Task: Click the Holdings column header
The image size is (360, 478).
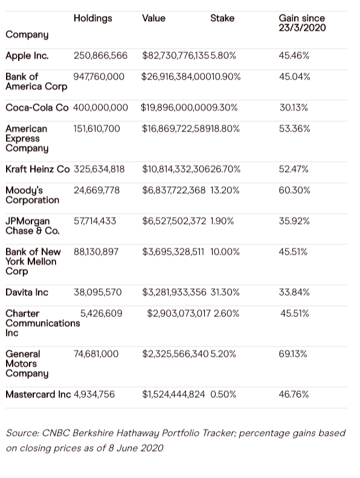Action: [93, 19]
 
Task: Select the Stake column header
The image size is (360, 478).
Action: [222, 18]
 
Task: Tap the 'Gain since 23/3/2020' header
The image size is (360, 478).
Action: [302, 23]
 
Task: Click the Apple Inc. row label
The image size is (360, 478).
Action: [27, 56]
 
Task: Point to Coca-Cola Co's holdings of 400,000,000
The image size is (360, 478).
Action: [100, 107]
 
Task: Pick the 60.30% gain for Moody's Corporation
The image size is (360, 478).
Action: [294, 191]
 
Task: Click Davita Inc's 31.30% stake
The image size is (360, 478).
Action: [225, 292]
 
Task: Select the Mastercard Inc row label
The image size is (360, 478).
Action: [38, 395]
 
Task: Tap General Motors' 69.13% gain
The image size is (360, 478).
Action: [292, 354]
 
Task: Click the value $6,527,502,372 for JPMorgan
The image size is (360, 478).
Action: [174, 221]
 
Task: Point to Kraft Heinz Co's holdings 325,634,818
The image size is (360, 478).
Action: [99, 169]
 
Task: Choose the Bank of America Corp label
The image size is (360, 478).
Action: [36, 81]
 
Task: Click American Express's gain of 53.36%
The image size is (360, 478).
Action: [294, 129]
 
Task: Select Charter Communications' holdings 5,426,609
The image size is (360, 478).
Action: [101, 313]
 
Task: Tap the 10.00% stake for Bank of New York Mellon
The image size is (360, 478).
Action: [225, 252]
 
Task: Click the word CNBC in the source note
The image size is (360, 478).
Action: [56, 433]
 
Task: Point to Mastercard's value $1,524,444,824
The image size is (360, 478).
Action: [173, 395]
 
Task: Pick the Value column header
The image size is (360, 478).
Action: [153, 18]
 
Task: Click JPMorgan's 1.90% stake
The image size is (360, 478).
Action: [222, 221]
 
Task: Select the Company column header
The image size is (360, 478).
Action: [27, 35]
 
